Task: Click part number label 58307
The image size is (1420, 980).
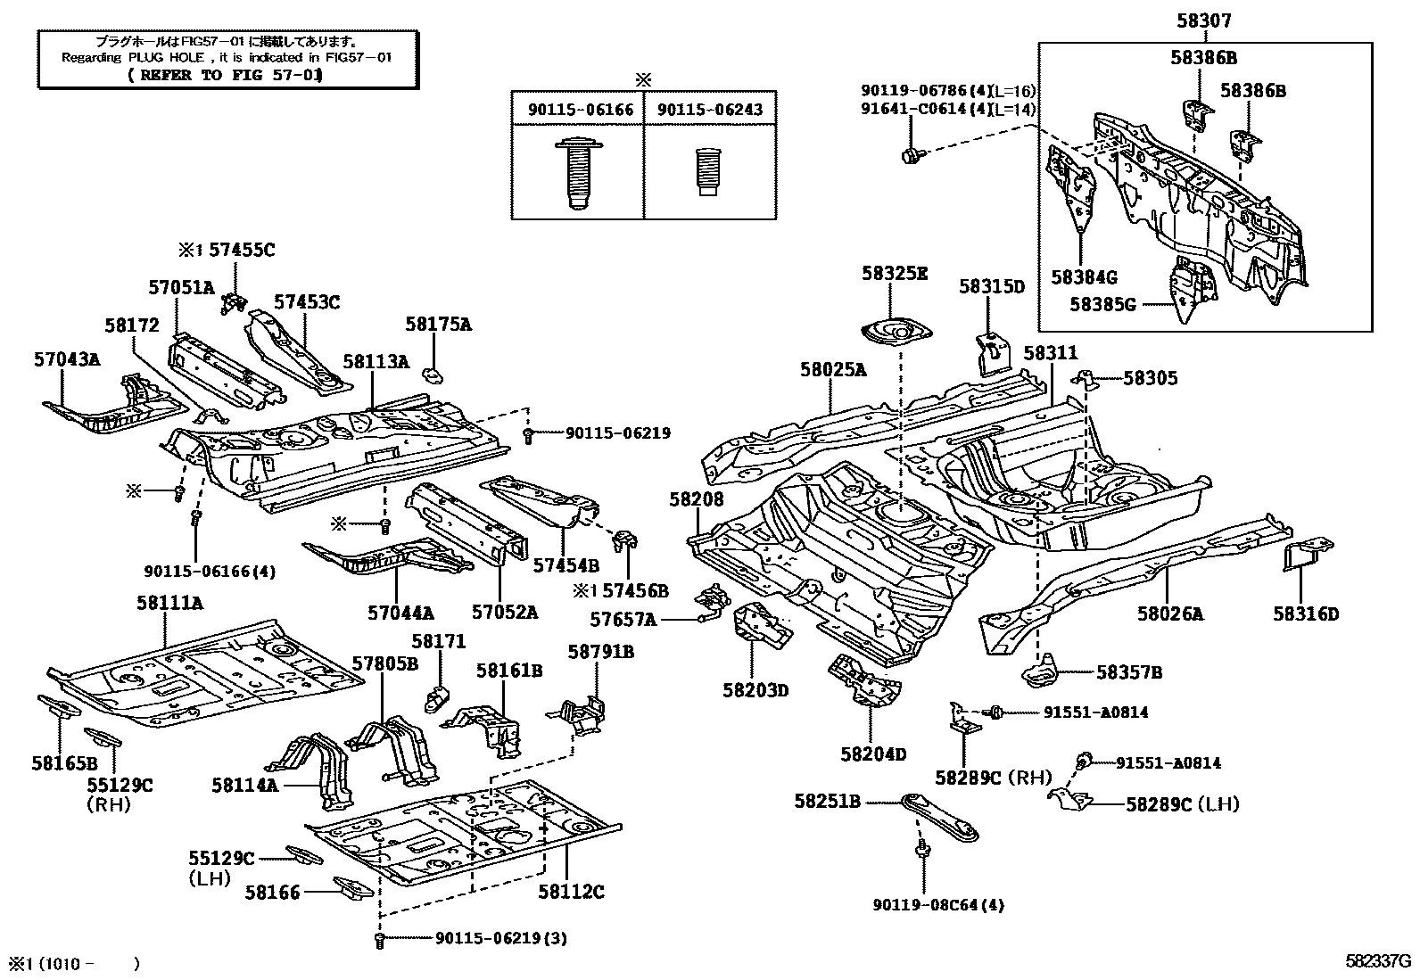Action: coord(1204,21)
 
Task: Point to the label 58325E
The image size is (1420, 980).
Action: coord(894,274)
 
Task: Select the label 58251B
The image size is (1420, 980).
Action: coord(827,802)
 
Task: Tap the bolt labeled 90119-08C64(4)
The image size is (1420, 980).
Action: coord(920,853)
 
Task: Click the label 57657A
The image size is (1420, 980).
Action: coord(623,619)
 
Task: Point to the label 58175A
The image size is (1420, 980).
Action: coord(438,325)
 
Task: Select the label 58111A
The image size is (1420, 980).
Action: coord(169,604)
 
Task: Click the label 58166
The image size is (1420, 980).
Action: coord(273,891)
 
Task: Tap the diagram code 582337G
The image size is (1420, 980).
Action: coord(1379,963)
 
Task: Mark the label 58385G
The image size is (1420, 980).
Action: coord(1102,304)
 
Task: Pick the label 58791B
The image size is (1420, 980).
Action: coord(600,652)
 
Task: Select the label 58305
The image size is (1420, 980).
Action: coord(1150,378)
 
